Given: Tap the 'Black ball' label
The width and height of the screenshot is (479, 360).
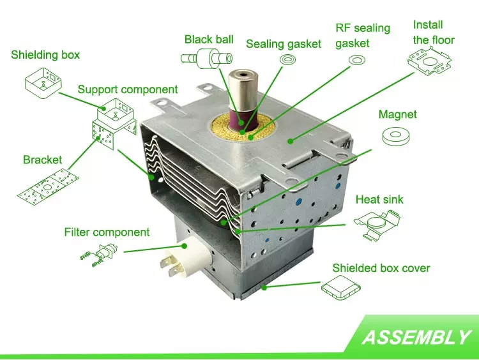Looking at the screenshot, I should [x=209, y=40].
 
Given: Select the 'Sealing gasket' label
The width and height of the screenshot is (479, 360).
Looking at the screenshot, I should [x=284, y=44].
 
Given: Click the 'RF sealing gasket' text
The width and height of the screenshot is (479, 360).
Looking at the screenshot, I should [x=362, y=36].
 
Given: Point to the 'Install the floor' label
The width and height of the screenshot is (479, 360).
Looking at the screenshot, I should [x=434, y=33].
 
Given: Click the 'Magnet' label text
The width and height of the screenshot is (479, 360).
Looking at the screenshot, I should [x=397, y=115].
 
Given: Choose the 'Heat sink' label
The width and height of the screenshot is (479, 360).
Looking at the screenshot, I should [x=379, y=200].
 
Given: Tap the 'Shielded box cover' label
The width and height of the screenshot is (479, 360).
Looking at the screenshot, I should [x=381, y=267].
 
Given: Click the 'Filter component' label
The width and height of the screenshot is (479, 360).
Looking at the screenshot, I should [x=107, y=232].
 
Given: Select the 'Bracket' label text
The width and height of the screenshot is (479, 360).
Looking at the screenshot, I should [x=43, y=160].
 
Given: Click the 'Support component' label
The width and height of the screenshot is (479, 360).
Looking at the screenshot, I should [x=128, y=89].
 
